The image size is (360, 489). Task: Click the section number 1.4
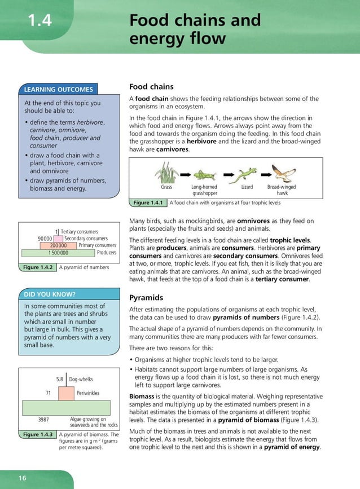[39, 21]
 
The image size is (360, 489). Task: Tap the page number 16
[22, 478]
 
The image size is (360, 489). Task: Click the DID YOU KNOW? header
[50, 294]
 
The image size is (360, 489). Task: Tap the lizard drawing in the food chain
[247, 173]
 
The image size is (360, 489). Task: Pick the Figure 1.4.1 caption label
[147, 202]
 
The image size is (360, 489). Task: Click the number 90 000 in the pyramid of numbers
[45, 239]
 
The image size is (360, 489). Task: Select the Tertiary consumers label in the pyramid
[79, 232]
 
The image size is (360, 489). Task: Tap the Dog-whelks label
[81, 380]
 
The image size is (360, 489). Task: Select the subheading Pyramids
[146, 297]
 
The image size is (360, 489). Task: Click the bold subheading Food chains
[151, 87]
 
